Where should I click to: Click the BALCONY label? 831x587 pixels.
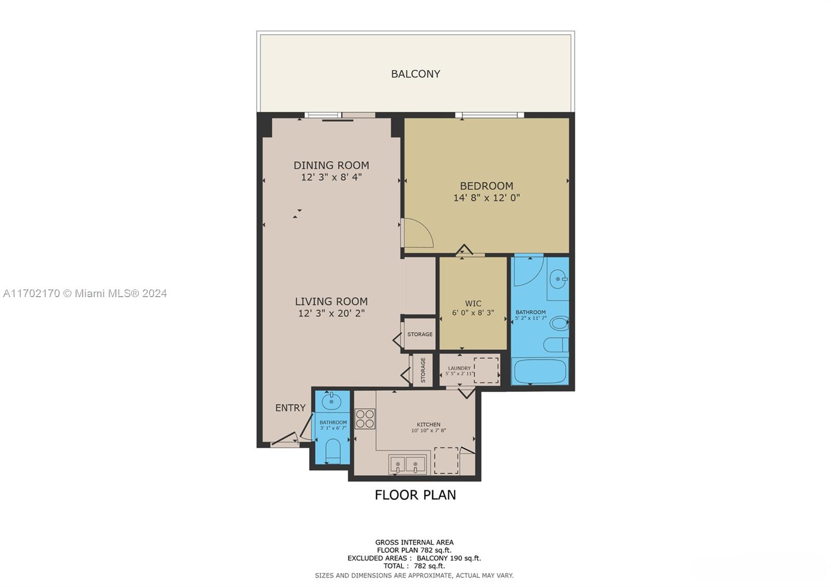pos(415,74)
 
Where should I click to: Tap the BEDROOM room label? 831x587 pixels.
pos(486,185)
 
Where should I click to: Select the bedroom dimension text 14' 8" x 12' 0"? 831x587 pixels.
pos(486,198)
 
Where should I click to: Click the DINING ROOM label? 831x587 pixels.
pos(331,165)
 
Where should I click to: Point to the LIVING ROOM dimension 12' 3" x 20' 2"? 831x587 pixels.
pos(331,313)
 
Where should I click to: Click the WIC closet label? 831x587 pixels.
pos(473,303)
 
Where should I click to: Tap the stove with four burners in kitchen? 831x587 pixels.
pos(365,419)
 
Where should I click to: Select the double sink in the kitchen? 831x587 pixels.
pos(407,464)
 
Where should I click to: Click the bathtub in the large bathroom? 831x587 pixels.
pos(540,371)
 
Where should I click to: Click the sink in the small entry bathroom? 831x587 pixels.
pos(331,401)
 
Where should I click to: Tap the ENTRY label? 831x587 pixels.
pos(290,408)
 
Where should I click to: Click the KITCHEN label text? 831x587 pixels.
pos(428,424)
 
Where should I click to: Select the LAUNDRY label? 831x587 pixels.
pos(459,368)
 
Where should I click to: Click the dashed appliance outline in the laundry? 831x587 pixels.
pos(486,370)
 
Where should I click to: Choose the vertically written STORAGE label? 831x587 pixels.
pos(423,370)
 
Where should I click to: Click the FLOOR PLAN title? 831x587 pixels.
pos(415,495)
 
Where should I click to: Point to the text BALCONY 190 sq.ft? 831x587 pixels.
pos(449,558)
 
